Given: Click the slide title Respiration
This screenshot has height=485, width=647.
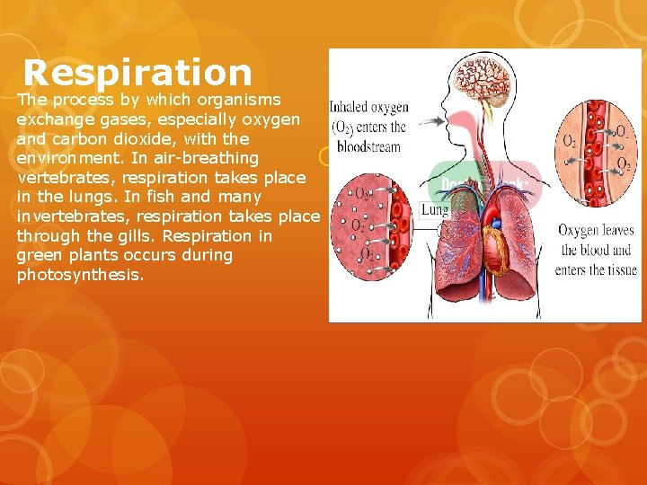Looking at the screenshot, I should coord(137,73).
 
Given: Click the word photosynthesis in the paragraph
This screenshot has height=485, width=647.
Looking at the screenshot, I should coord(79,275).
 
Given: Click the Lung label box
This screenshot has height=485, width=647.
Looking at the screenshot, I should coord(436,210).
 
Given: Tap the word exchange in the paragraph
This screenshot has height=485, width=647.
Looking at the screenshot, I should coord(55,119).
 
